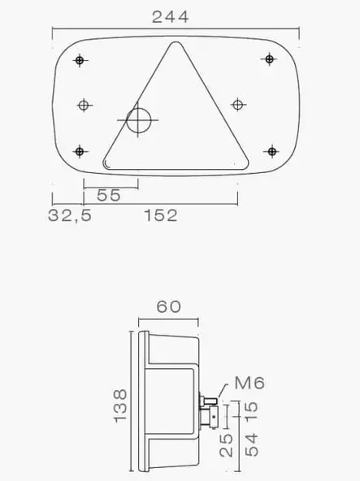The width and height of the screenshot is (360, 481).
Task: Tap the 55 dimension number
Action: pos(109,194)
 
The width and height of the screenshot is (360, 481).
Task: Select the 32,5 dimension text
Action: pos(70,215)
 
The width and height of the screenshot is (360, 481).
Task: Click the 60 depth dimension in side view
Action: pos(167,306)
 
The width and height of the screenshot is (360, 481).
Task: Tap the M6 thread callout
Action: pos(249,383)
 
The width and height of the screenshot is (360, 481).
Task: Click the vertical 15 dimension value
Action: pos(250,411)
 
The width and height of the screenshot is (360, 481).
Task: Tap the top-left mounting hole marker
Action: pos(80,60)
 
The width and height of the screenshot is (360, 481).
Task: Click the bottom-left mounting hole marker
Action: pos(80,150)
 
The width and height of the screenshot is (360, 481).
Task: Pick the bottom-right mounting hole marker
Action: pos(270,150)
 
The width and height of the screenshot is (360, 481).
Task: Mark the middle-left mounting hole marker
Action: pos(85,104)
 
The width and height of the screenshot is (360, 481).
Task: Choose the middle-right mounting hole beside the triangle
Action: pos(237,104)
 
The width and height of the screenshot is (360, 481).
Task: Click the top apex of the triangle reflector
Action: pos(173,44)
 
